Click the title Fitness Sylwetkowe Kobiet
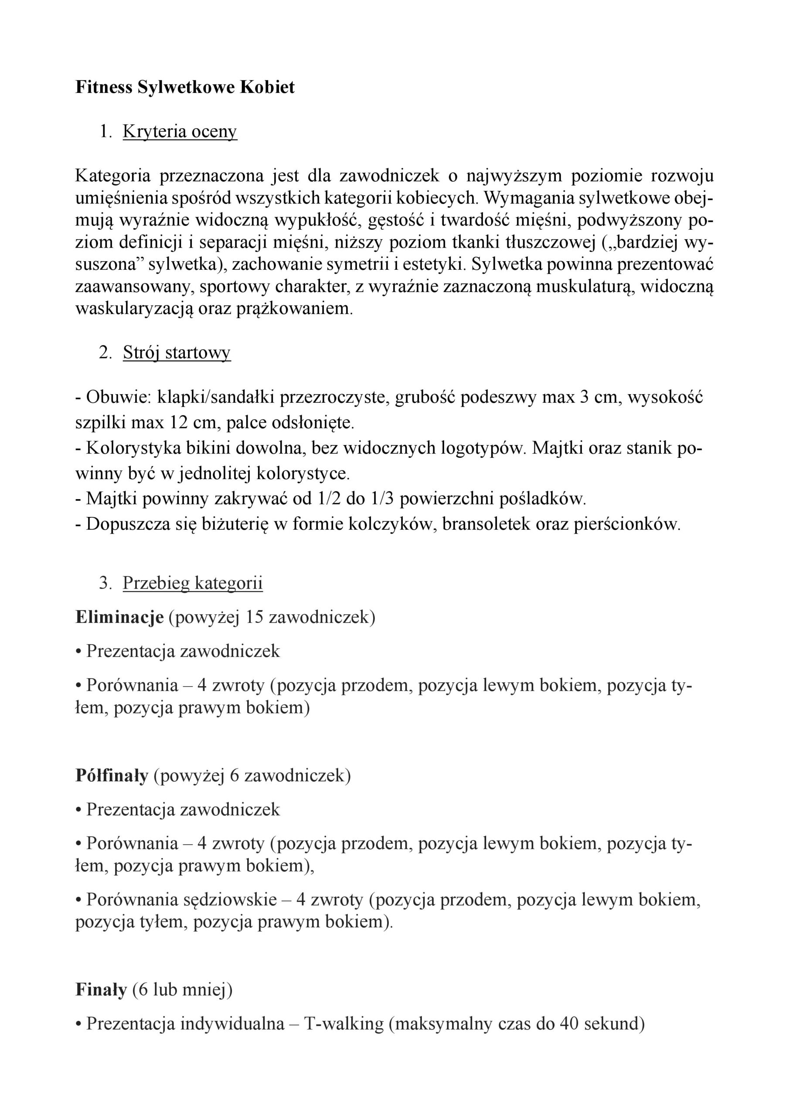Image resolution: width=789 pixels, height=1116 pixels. click(x=185, y=88)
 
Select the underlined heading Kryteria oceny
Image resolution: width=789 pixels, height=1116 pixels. click(x=180, y=132)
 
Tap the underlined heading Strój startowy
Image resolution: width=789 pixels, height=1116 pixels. click(x=177, y=352)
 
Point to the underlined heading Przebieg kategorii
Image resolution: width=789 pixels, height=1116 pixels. click(x=193, y=583)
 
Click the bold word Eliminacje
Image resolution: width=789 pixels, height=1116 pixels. click(x=119, y=617)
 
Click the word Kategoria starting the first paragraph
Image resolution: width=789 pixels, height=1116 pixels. click(x=114, y=176)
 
